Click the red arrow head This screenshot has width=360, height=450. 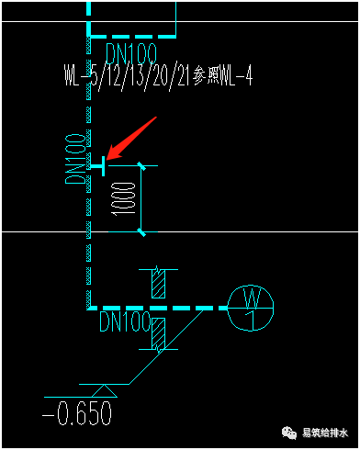point(113,152)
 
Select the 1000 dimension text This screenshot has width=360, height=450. point(124,199)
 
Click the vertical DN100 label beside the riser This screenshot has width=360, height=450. point(75,159)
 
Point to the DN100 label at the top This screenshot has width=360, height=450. point(131,53)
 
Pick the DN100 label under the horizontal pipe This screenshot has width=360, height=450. point(125,321)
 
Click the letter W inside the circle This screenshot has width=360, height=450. point(252,298)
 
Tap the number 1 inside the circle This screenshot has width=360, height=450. point(251,321)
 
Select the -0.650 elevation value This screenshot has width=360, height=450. point(77,413)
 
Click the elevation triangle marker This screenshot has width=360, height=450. point(104,391)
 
